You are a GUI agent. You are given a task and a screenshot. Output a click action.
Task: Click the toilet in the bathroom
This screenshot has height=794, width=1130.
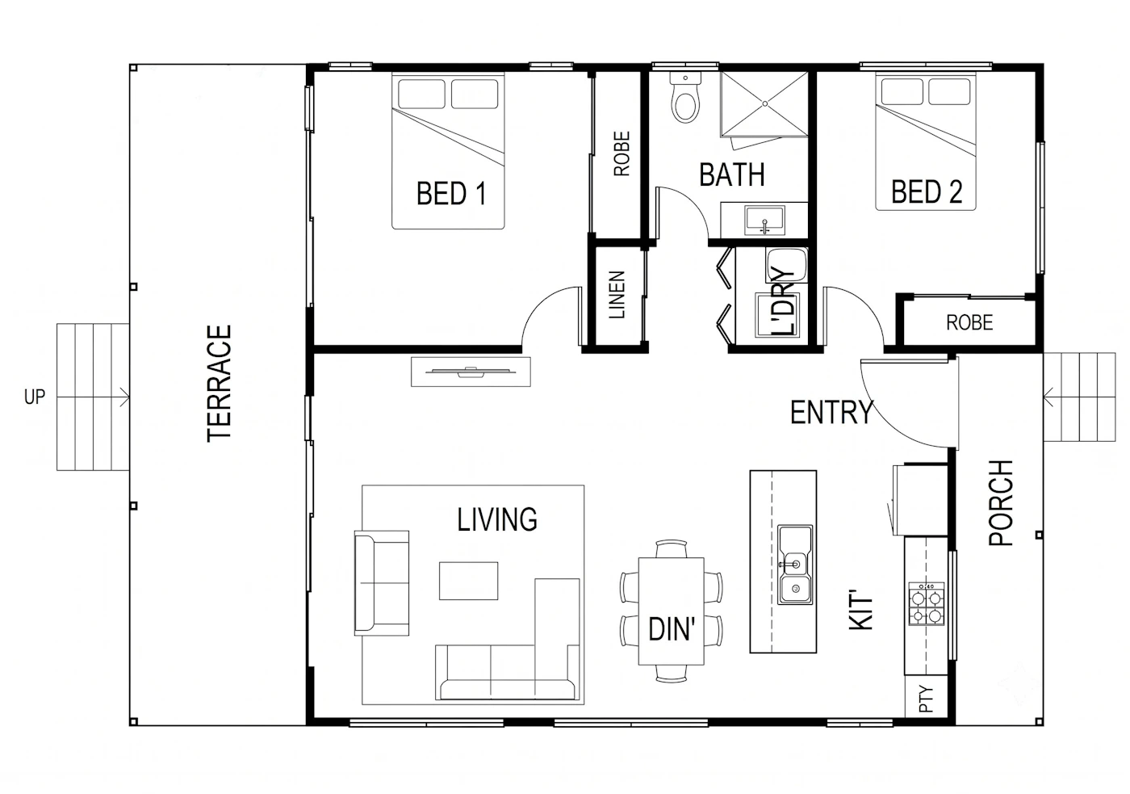(685, 98)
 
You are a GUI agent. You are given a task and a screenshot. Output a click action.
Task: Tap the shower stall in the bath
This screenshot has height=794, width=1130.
(764, 104)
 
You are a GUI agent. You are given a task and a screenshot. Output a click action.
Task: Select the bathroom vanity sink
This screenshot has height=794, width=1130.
(765, 220)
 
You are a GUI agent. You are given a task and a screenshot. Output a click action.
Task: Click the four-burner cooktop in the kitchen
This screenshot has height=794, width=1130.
(927, 604)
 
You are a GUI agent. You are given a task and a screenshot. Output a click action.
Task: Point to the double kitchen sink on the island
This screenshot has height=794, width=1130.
(795, 565)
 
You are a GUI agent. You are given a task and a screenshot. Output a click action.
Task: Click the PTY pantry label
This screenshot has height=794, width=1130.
(927, 699)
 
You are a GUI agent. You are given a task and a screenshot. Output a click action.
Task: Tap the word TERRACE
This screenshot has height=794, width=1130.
(220, 384)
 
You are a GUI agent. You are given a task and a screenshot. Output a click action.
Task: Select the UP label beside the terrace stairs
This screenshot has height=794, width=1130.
(34, 397)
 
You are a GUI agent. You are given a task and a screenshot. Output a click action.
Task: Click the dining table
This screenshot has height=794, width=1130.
(671, 611)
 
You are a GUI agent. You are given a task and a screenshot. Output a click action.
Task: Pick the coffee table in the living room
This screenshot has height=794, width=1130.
(468, 581)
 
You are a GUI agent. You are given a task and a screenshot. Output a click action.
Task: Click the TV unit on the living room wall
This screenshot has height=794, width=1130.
(471, 372)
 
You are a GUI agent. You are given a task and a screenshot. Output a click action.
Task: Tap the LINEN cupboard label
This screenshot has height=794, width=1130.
(617, 295)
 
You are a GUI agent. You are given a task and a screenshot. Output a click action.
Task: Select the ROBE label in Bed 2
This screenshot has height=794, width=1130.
(969, 322)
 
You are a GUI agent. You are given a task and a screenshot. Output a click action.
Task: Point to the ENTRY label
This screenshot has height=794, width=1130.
(831, 413)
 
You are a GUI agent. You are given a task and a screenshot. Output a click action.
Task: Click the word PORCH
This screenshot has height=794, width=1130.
(1001, 502)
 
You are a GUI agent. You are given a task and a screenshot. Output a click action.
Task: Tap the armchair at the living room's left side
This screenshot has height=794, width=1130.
(381, 583)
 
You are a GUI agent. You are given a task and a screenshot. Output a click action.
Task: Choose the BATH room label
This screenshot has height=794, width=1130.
(732, 174)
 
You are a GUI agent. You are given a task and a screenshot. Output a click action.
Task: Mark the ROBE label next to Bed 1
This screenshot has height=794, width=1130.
(621, 153)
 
